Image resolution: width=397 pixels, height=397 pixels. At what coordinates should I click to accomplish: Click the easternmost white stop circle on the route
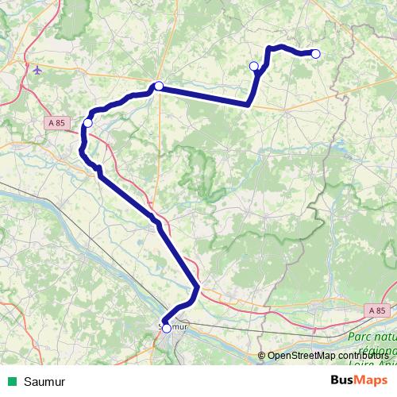click(x=315, y=54)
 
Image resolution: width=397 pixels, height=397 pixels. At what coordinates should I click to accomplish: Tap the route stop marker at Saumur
click(x=166, y=328)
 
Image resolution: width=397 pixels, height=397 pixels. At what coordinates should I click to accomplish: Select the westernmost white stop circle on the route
click(x=88, y=123)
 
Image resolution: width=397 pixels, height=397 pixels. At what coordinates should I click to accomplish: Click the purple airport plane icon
click(x=37, y=71)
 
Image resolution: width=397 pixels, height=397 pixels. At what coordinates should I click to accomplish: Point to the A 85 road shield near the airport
click(x=56, y=122)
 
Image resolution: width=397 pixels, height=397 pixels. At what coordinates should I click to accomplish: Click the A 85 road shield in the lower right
click(x=379, y=310)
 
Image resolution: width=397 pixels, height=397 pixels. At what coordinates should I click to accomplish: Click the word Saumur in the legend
click(x=44, y=381)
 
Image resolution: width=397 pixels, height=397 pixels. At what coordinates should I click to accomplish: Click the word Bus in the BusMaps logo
click(x=341, y=380)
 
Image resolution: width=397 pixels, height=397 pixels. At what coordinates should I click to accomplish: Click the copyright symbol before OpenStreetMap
click(x=262, y=357)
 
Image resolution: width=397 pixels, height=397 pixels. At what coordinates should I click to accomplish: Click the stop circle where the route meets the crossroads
click(x=159, y=86)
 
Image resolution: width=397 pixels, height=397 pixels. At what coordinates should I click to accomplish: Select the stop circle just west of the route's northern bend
click(x=254, y=66)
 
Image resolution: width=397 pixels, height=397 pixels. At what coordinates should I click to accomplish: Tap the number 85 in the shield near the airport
click(x=60, y=122)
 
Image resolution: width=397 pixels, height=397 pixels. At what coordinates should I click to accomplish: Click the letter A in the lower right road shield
click(x=372, y=310)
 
